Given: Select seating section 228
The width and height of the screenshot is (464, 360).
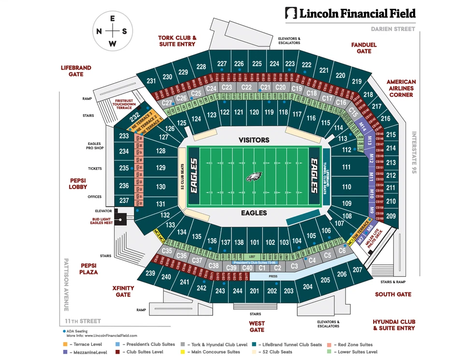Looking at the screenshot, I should (x=201, y=67).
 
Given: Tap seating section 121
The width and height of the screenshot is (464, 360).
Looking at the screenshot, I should (x=238, y=112).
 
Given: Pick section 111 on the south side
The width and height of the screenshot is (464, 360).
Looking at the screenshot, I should (x=346, y=167).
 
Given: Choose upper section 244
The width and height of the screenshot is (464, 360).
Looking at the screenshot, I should (x=237, y=291).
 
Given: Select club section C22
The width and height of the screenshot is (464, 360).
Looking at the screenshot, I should (x=246, y=87).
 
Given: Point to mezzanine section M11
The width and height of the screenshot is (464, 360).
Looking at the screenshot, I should (x=371, y=176).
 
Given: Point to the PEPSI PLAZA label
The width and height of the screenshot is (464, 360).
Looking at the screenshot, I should (x=89, y=269).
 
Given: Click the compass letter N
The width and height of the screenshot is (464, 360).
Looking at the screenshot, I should (x=99, y=31).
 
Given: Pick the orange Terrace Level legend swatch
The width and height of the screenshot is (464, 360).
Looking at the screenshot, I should (x=65, y=345).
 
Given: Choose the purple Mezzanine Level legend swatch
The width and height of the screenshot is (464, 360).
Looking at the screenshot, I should (x=65, y=352).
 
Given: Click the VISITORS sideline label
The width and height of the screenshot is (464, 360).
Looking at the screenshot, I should (x=254, y=140).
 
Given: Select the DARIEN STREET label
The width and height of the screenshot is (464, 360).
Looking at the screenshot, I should (x=393, y=29).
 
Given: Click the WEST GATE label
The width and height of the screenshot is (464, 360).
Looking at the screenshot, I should (x=257, y=326).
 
